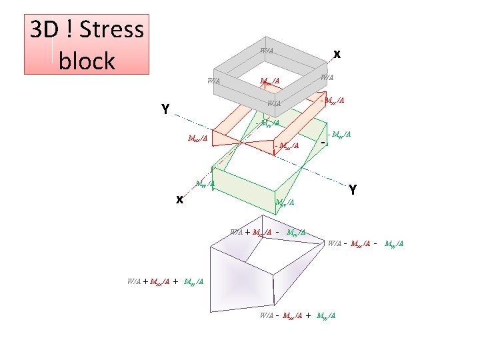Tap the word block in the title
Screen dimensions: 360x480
[87, 61]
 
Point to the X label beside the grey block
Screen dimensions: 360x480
[337, 53]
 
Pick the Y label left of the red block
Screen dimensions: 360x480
[164, 109]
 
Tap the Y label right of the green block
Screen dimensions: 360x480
[354, 190]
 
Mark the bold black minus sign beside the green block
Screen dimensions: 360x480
[322, 143]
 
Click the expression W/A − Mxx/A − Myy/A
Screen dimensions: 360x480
[365, 243]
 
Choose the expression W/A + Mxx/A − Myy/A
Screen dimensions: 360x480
[267, 232]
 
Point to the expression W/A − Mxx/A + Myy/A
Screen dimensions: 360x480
[297, 315]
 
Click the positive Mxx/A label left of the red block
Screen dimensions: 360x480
[198, 139]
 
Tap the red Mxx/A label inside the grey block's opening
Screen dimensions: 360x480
[269, 81]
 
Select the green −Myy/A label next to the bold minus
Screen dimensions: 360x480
[339, 135]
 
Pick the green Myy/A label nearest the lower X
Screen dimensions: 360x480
[205, 183]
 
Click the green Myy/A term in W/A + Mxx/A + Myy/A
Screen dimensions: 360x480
[195, 282]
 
